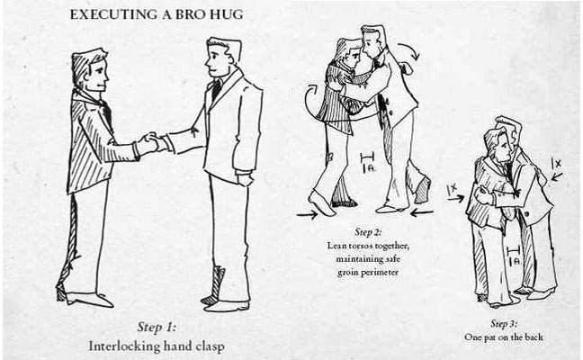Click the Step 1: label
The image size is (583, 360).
[163, 326]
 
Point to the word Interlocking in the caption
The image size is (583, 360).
[123, 345]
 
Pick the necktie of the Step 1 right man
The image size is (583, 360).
[216, 89]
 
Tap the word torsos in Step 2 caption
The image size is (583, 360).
[366, 245]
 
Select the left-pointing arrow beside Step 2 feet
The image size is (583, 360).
[424, 213]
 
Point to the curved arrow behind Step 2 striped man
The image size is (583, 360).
[309, 101]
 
